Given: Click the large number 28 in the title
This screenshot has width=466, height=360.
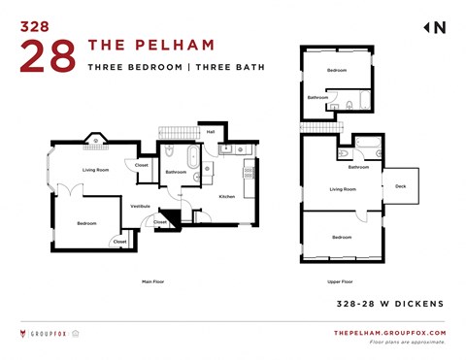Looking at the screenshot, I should [47, 56].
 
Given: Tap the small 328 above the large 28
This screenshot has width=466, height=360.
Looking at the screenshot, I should [36, 26].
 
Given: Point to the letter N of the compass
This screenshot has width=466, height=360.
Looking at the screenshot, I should [440, 28].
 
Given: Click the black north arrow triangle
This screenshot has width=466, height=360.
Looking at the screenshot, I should [426, 28].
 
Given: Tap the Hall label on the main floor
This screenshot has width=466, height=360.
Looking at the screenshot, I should [211, 132].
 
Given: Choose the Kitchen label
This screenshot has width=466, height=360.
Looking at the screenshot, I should [226, 196].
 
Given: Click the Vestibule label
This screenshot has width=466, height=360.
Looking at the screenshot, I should [140, 206].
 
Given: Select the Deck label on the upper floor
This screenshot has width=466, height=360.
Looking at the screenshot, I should [400, 186].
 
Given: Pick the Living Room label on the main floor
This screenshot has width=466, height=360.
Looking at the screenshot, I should [95, 170].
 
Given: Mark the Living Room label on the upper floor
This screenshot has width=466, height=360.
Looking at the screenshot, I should [344, 189].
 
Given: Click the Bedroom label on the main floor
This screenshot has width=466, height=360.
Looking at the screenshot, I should [87, 224].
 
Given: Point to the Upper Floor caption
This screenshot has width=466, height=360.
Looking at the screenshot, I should [340, 281].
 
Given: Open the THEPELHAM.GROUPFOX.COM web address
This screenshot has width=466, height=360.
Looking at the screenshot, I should [389, 333].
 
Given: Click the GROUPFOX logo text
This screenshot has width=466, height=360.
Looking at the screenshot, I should [48, 334].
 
